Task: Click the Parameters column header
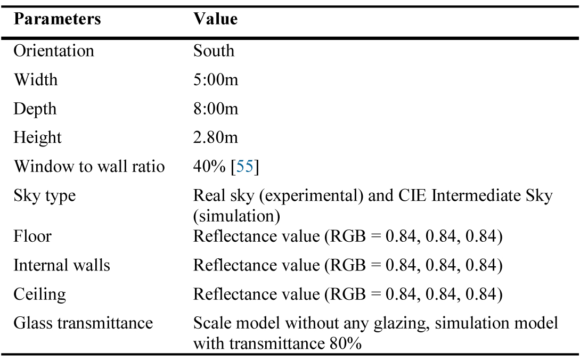[x=58, y=19]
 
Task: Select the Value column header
[x=215, y=19]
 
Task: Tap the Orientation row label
[x=54, y=51]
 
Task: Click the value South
[x=214, y=51]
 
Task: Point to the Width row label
[x=36, y=79]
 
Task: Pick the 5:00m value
[x=216, y=79]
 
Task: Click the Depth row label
[x=35, y=109]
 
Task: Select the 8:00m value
[x=216, y=109]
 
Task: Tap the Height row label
[x=37, y=138]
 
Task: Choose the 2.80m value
[x=215, y=137]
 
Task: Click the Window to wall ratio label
[x=89, y=167]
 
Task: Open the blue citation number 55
[x=245, y=167]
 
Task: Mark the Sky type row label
[x=44, y=196]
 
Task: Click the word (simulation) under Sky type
[x=236, y=216]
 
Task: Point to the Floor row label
[x=32, y=236]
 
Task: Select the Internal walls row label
[x=62, y=265]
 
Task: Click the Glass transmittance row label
[x=83, y=323]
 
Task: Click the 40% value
[x=209, y=167]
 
